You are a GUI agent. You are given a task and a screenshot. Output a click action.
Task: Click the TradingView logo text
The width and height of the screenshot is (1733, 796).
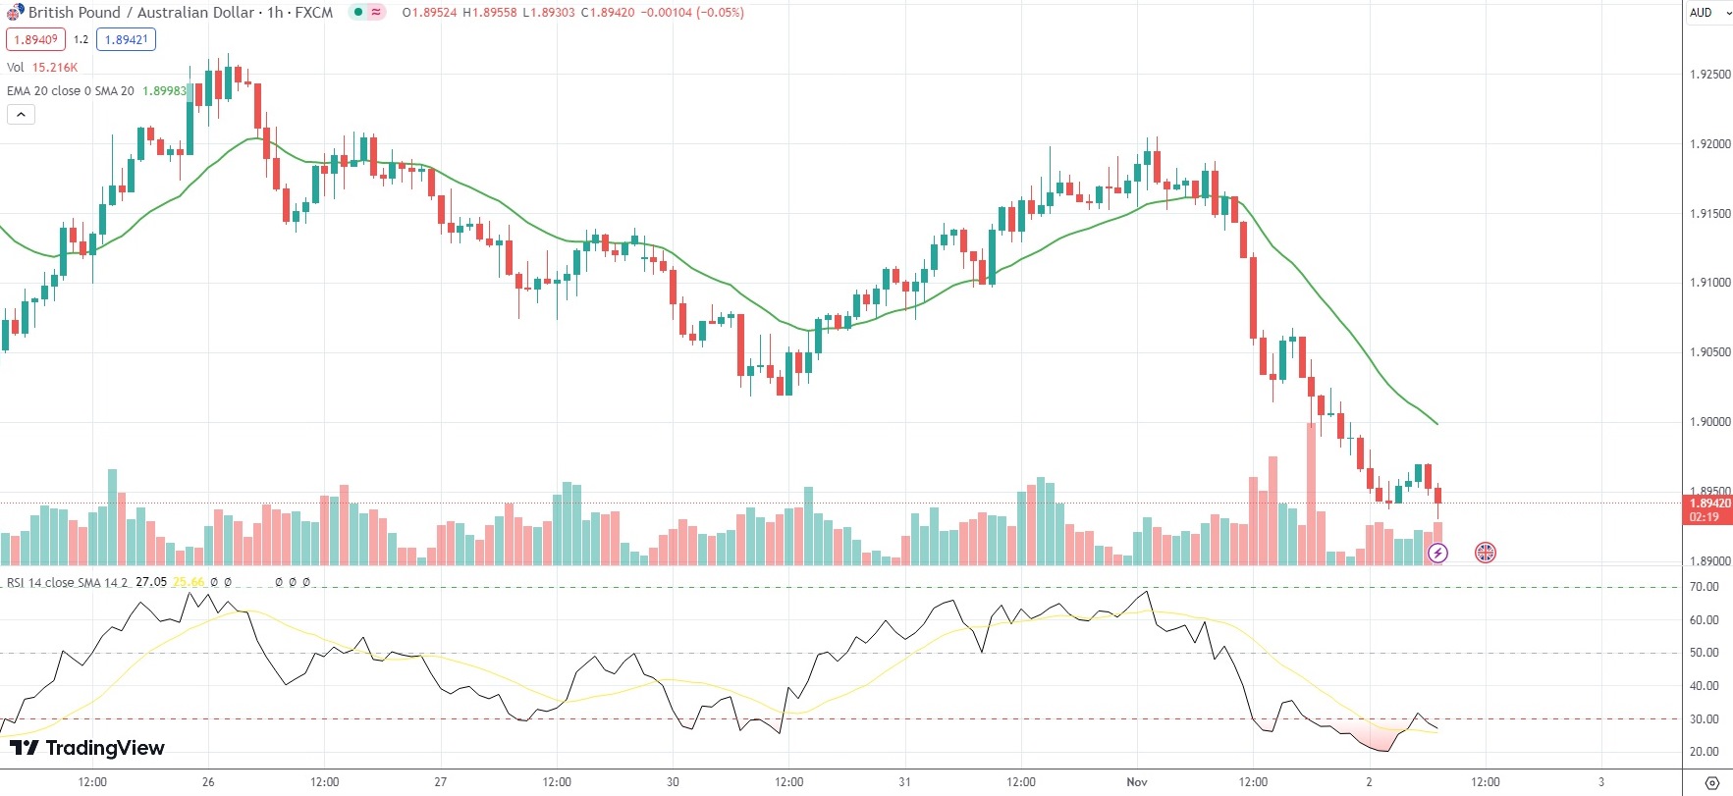pyautogui.click(x=104, y=748)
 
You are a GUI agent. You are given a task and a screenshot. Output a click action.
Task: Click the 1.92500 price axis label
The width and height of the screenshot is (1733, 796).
pyautogui.click(x=1709, y=75)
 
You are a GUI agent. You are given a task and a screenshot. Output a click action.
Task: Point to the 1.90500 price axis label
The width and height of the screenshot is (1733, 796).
pyautogui.click(x=1709, y=352)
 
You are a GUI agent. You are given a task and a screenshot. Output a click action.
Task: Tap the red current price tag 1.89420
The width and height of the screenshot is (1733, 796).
pyautogui.click(x=1709, y=504)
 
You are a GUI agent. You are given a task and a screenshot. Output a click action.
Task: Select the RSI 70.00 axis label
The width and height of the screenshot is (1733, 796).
pyautogui.click(x=1704, y=587)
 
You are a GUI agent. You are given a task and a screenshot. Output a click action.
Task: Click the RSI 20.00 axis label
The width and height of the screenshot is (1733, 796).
pyautogui.click(x=1704, y=752)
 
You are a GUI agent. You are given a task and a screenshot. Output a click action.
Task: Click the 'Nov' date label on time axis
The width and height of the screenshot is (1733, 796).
pyautogui.click(x=1137, y=782)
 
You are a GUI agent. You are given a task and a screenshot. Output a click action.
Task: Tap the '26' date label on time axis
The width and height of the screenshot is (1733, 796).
pyautogui.click(x=208, y=782)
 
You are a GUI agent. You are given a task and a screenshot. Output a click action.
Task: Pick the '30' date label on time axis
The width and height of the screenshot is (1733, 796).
pyautogui.click(x=673, y=782)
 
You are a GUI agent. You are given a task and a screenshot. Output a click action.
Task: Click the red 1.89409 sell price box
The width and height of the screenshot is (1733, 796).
pyautogui.click(x=35, y=39)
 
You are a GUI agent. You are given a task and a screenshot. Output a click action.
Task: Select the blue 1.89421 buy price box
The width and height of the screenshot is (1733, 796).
pyautogui.click(x=126, y=39)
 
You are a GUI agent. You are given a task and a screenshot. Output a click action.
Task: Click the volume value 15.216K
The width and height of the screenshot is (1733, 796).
pyautogui.click(x=55, y=68)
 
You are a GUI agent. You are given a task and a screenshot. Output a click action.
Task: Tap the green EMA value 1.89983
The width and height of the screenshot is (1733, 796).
pyautogui.click(x=164, y=91)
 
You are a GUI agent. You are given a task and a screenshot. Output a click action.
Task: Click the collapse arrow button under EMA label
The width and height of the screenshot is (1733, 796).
pyautogui.click(x=21, y=115)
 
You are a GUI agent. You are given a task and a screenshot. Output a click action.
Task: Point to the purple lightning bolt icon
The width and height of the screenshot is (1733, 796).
pyautogui.click(x=1437, y=554)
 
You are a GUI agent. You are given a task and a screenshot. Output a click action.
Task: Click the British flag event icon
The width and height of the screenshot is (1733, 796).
pyautogui.click(x=1486, y=554)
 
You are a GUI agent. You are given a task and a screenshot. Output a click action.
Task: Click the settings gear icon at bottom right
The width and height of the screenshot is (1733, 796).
pyautogui.click(x=1712, y=782)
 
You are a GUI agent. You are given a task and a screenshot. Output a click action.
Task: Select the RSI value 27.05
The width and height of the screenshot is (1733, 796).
pyautogui.click(x=151, y=582)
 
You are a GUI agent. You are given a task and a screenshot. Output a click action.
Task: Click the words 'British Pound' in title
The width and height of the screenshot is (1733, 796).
pyautogui.click(x=75, y=13)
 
